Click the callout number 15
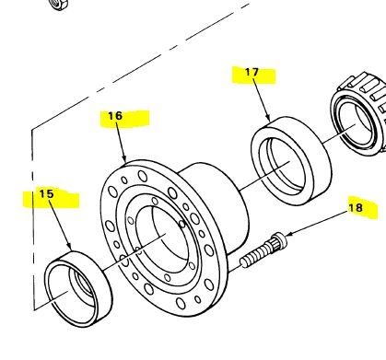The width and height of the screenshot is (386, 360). (46, 194)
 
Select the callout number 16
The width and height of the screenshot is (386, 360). (115, 116)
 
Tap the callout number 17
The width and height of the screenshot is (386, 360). (251, 72)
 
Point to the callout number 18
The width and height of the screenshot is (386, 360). (356, 208)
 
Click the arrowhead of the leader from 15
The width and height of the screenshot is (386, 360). (70, 248)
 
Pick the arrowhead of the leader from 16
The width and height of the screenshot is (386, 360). (124, 159)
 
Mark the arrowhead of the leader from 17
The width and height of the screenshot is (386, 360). (268, 118)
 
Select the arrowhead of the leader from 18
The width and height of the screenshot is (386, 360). (289, 236)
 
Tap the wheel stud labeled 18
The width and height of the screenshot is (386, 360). (263, 250)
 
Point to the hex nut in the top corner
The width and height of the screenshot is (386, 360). (58, 4)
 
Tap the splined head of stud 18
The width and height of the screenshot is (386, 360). (280, 239)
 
